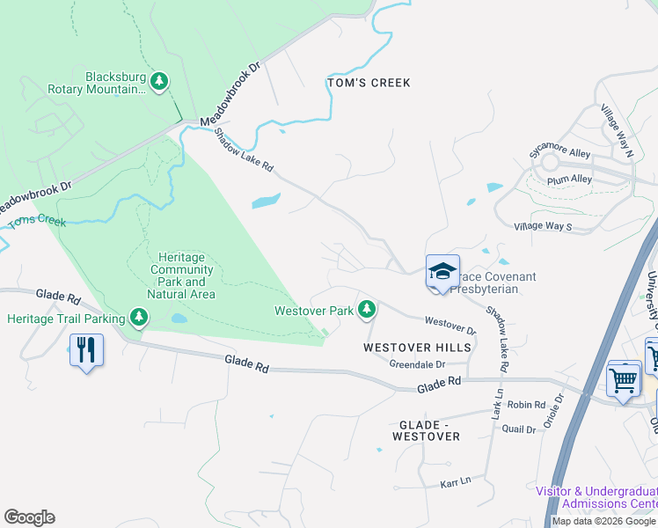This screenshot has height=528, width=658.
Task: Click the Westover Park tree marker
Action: pos(367,310)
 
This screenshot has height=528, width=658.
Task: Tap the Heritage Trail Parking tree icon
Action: pos(138,317)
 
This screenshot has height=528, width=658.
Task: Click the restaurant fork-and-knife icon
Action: pos(86,350)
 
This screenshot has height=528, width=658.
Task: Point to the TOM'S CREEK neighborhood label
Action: pos(369,83)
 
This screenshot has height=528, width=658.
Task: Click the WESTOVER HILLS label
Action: pos(417,348)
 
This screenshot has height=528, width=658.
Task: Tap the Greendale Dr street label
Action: pos(417,363)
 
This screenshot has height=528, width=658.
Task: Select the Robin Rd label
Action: pos(527,405)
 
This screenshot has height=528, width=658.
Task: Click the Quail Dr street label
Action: pos(518,429)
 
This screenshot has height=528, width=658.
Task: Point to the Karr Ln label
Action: pos(455,482)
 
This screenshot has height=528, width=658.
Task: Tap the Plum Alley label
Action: pos(569,179)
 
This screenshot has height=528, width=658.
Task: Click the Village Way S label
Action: pos(543,226)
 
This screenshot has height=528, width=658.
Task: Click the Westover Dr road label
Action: pos(450,325)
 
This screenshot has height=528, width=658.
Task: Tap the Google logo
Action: pos(29,517)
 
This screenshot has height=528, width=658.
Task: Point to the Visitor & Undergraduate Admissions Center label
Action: pos(596,496)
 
